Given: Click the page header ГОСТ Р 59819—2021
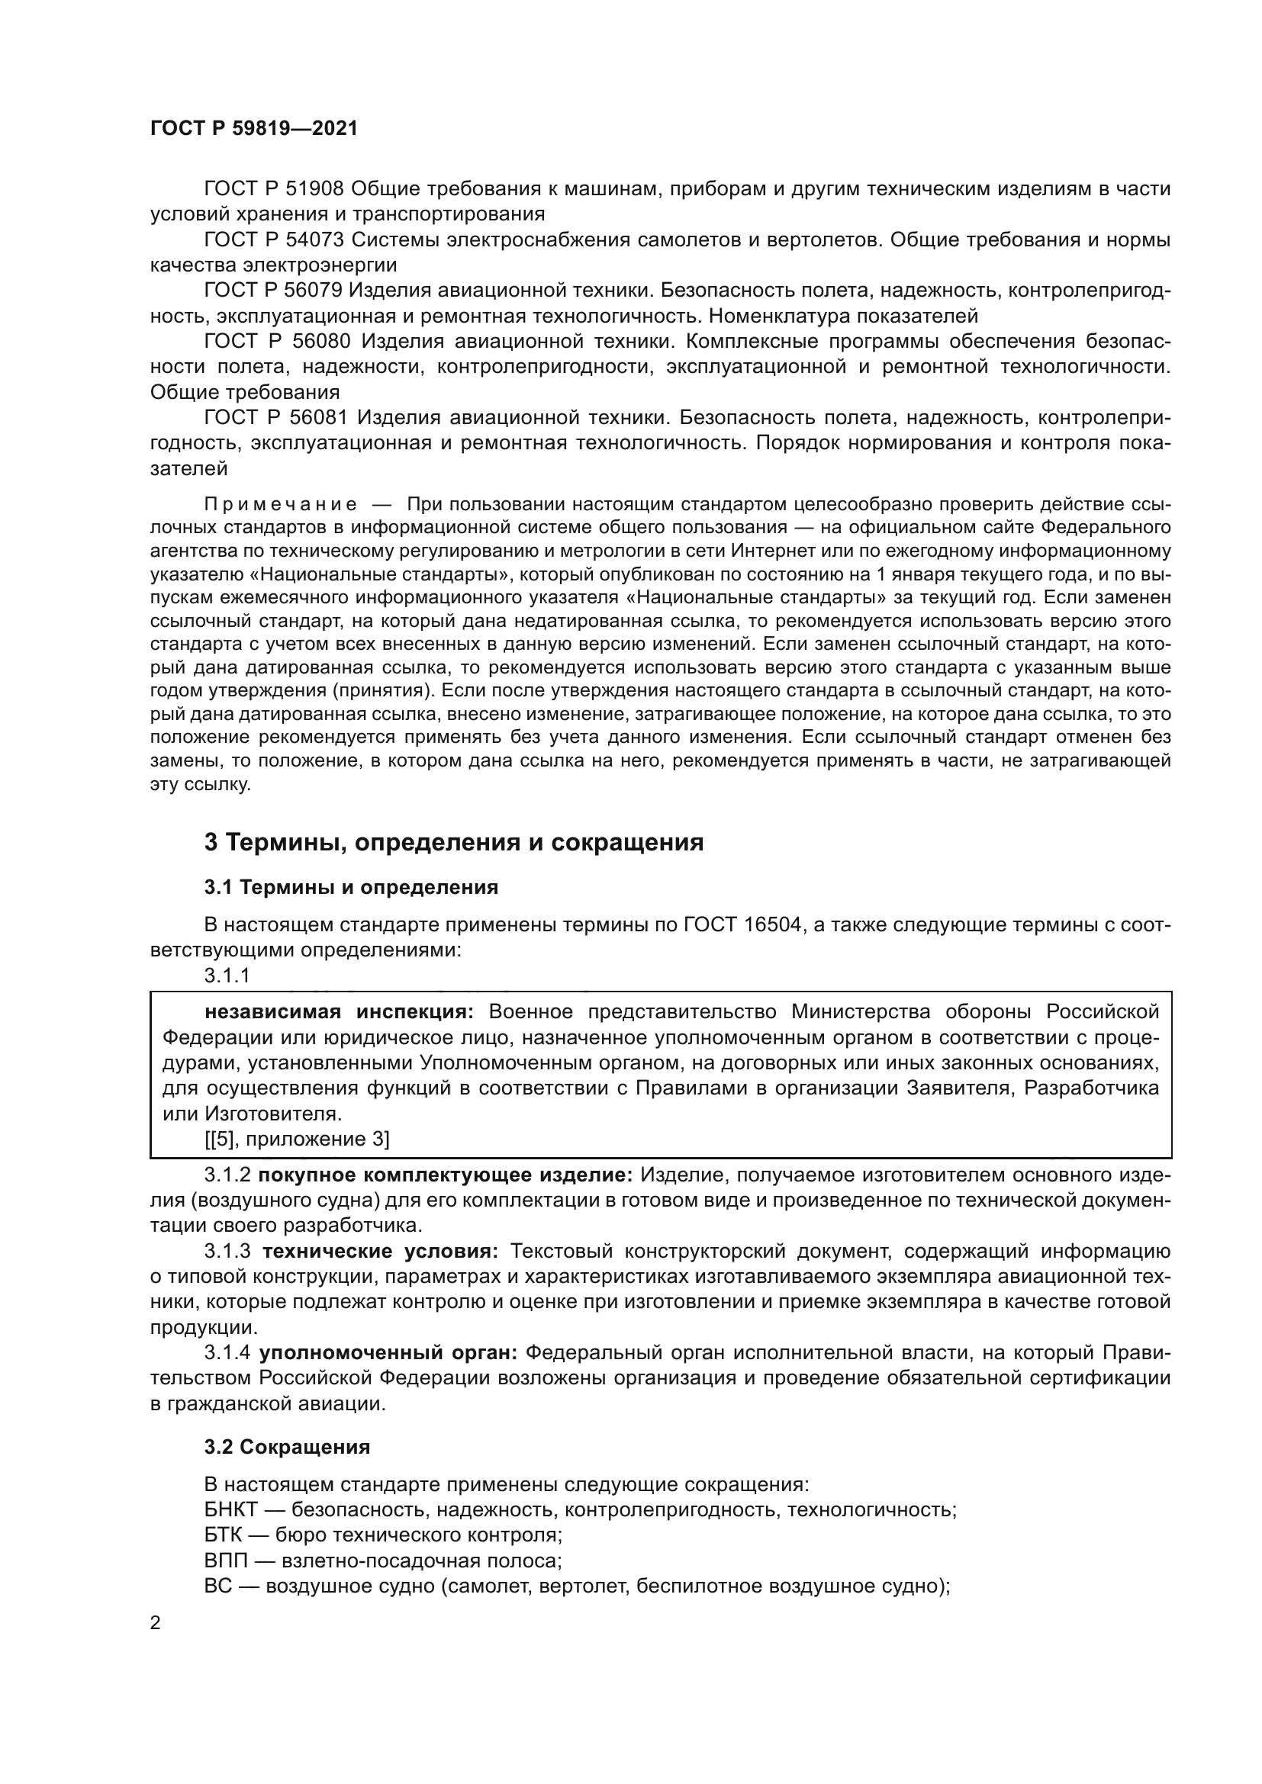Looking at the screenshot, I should point(254,129).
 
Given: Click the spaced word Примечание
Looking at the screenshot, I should point(281,504).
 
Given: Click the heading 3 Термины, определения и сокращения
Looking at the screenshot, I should point(454,842).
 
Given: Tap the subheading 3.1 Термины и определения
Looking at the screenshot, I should point(351,886).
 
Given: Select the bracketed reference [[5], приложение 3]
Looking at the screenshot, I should point(297,1139).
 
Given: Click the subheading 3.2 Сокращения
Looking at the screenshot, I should point(287,1448).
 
